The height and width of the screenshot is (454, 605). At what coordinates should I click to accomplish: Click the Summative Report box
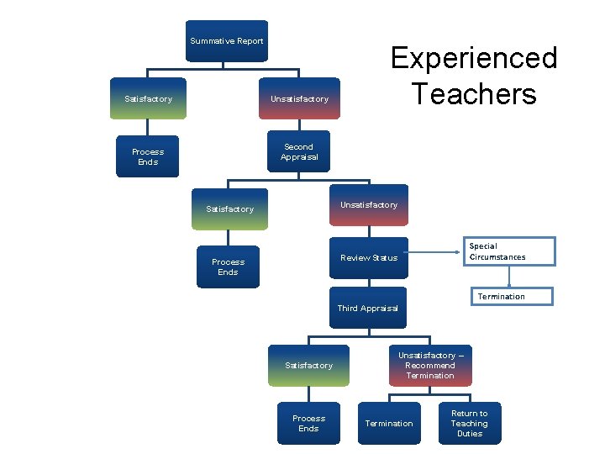tap(227, 41)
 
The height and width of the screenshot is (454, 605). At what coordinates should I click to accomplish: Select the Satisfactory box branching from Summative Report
tap(148, 99)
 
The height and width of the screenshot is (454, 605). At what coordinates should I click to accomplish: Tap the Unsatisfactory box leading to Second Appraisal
tap(300, 99)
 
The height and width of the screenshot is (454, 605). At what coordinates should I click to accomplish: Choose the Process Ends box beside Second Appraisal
tap(148, 157)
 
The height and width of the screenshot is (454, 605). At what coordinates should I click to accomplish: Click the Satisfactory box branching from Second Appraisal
tap(229, 209)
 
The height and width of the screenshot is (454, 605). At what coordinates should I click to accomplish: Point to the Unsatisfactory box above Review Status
tap(369, 205)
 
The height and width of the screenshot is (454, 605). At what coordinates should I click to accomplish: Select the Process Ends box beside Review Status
tap(228, 267)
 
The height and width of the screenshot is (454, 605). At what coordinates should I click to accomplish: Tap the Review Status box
tap(369, 257)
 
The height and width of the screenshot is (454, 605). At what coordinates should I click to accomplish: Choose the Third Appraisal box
tap(368, 309)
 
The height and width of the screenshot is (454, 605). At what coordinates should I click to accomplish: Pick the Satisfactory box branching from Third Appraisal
tap(308, 366)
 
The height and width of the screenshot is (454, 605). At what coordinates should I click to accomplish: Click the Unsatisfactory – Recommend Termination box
tap(429, 366)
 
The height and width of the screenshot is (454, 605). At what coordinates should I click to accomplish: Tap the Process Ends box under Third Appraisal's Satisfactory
tap(308, 424)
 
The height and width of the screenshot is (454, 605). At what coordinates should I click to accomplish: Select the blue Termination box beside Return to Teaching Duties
tap(389, 424)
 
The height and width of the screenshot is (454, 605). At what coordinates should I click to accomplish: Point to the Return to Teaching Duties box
tap(469, 424)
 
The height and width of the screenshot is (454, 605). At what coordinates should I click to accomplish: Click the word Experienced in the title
tap(474, 58)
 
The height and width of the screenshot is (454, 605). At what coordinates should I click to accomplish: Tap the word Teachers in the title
tap(474, 92)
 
